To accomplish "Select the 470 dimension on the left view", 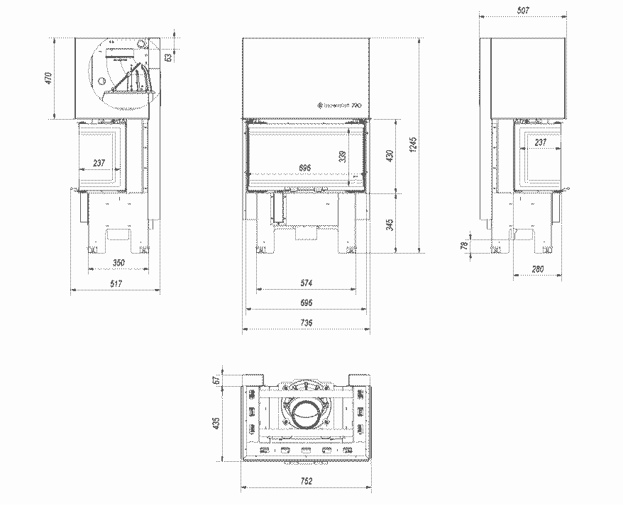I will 48,77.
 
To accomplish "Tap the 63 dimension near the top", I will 168,57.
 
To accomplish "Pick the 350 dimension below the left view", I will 118,263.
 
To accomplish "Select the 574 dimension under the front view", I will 306,283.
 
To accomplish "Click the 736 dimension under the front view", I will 306,322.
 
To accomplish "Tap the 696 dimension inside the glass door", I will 305,167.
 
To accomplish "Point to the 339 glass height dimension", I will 343,156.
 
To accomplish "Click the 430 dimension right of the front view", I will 388,155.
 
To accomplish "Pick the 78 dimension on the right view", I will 464,246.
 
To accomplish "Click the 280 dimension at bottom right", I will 536,268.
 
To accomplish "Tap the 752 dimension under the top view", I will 306,481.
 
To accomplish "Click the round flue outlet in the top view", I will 306,414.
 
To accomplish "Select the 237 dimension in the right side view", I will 541,142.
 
